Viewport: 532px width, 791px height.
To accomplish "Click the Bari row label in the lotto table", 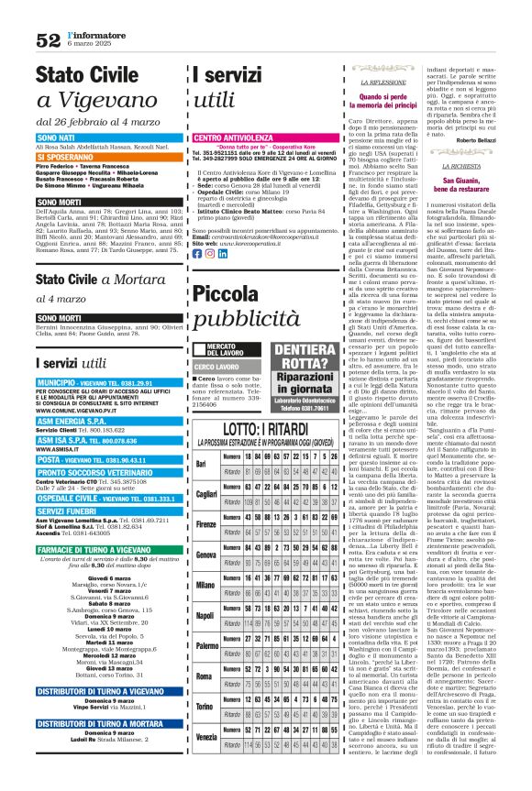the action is (201, 438).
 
